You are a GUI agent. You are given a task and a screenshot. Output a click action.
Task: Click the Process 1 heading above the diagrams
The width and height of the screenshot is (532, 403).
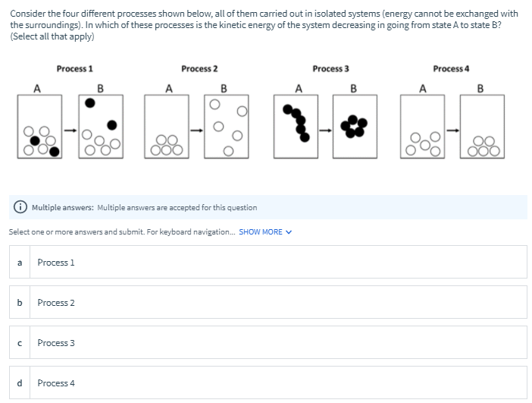(x=74, y=69)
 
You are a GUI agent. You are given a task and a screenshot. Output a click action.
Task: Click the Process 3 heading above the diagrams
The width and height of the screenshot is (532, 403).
(x=330, y=69)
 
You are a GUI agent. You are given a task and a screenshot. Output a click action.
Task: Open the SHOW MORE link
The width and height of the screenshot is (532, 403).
(x=264, y=232)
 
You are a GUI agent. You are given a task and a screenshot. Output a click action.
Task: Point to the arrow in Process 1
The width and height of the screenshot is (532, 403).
(x=70, y=128)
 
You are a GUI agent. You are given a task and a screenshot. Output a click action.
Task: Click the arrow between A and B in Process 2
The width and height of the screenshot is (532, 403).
(x=198, y=128)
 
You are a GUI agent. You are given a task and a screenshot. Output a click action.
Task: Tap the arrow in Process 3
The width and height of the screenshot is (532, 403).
(x=325, y=128)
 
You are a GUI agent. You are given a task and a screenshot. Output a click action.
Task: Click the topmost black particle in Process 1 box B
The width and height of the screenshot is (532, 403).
(x=91, y=102)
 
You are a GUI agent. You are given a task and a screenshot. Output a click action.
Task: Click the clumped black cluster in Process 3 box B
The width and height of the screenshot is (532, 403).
(x=355, y=125)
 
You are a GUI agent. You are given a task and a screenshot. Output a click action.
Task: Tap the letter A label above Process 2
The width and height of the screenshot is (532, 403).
(x=167, y=88)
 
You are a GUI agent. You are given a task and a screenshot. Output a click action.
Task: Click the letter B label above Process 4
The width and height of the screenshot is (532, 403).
(x=480, y=88)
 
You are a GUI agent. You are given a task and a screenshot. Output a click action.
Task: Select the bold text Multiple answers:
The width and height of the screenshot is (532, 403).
(x=63, y=208)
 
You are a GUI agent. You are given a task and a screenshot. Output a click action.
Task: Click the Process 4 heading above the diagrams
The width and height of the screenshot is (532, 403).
(x=450, y=69)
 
